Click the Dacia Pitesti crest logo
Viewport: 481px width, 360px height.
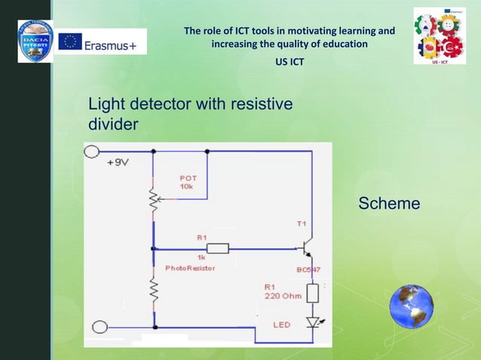tap(35, 41)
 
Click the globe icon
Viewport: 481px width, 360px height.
tap(411, 308)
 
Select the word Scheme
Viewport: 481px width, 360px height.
tap(389, 203)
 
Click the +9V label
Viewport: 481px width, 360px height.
tap(118, 163)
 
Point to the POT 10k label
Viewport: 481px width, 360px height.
tap(188, 182)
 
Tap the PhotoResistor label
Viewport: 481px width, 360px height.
tap(190, 268)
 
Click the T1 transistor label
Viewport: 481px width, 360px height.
tap(302, 224)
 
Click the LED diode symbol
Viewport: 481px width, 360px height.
tap(311, 322)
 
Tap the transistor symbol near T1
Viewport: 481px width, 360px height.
tap(306, 247)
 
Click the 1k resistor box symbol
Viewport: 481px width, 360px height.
tap(217, 248)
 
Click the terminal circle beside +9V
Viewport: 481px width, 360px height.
tap(92, 151)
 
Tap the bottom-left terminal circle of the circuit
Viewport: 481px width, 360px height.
tap(99, 327)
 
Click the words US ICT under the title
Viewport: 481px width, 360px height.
tap(290, 61)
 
